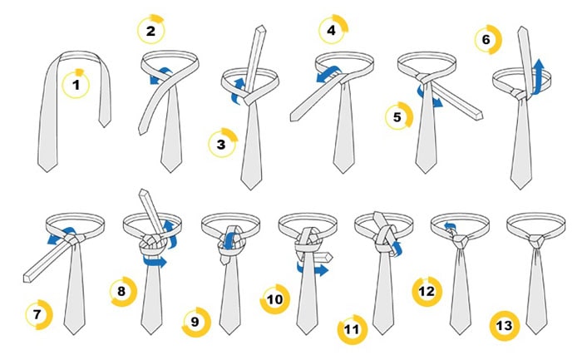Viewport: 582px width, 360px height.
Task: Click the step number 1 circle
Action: pos(76,84)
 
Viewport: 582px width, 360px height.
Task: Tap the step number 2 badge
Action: pos(150,30)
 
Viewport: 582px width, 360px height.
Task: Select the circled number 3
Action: pos(222,143)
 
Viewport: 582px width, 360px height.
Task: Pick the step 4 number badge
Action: pos(333,29)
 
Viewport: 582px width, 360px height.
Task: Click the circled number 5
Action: pos(399,116)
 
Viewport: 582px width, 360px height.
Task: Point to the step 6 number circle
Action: pos(488,39)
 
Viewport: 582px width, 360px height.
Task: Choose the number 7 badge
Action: pos(39,315)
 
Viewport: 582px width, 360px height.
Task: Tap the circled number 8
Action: pos(124,291)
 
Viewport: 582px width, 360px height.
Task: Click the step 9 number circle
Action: pos(196,322)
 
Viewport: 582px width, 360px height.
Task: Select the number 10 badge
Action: pos(274,299)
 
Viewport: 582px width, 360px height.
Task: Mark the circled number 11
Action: pos(353,329)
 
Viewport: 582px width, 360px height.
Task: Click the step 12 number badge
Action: pos(427,292)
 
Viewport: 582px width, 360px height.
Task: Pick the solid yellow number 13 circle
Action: pos(505,326)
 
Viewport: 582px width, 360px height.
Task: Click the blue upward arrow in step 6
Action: pos(538,76)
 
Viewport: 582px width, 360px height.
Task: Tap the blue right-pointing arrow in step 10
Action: pos(313,269)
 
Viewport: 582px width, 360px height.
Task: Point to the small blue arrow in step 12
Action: pos(450,226)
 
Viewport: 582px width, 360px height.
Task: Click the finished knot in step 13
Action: pos(535,241)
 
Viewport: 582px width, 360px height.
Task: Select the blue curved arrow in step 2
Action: pos(160,76)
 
